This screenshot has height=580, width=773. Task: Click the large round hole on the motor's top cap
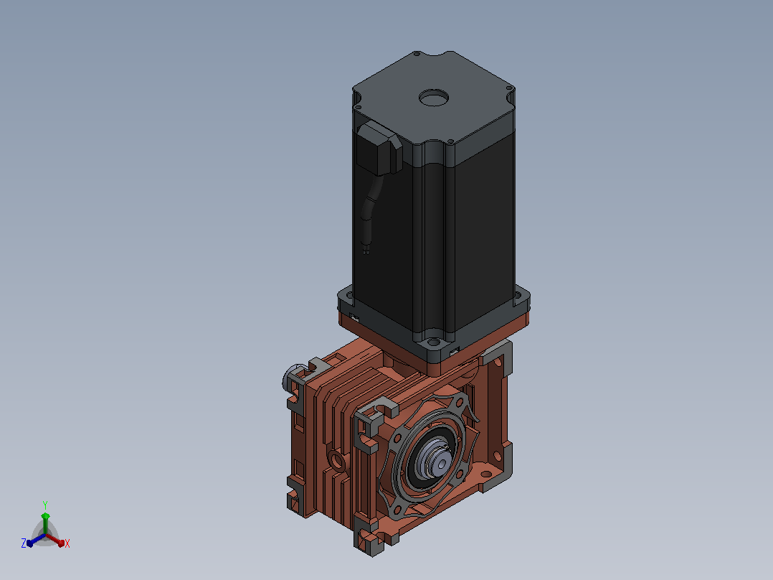(434, 98)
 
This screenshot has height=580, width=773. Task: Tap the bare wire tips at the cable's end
(366, 250)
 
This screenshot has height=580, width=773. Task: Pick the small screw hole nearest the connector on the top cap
(359, 107)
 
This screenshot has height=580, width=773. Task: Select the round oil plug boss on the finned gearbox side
(338, 461)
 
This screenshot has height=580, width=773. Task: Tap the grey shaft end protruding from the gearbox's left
(292, 377)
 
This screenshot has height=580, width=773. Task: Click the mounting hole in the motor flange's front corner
(433, 342)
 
